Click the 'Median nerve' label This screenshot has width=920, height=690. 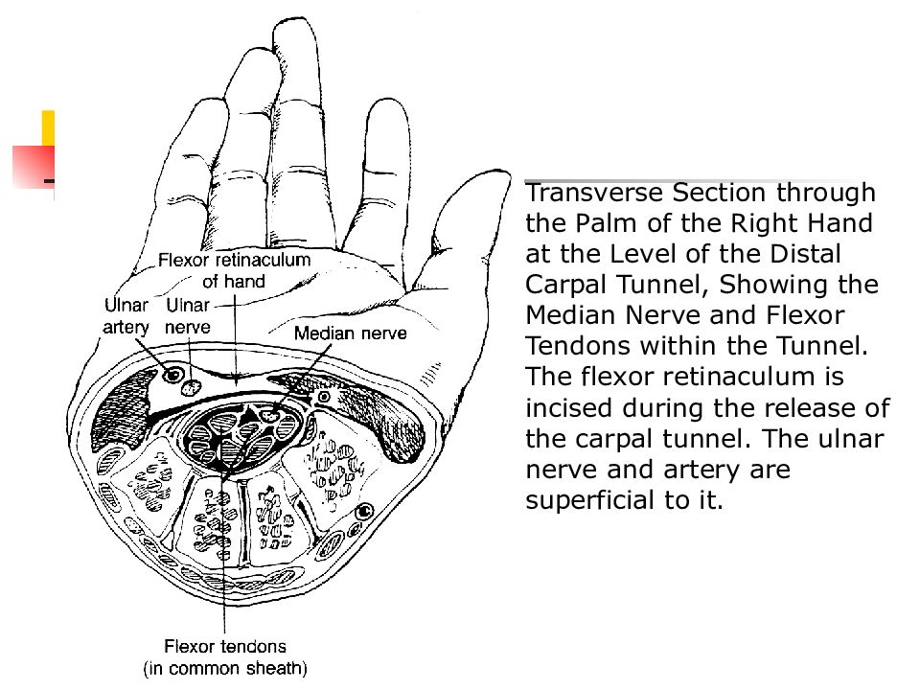[x=351, y=333]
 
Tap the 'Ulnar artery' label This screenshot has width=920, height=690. [x=126, y=316]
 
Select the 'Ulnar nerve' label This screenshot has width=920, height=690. [x=187, y=316]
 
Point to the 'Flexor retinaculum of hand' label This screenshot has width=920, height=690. [x=234, y=270]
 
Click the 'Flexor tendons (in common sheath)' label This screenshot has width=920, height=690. [x=225, y=657]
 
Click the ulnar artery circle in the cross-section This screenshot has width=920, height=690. [x=173, y=375]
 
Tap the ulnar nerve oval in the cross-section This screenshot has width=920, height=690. [x=192, y=387]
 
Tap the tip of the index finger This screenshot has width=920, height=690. [x=386, y=101]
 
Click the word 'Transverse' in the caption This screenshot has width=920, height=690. [x=594, y=193]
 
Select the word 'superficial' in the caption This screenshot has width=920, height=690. [x=590, y=500]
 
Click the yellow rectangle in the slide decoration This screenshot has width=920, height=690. [x=48, y=127]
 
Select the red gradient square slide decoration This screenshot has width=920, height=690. [x=34, y=167]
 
